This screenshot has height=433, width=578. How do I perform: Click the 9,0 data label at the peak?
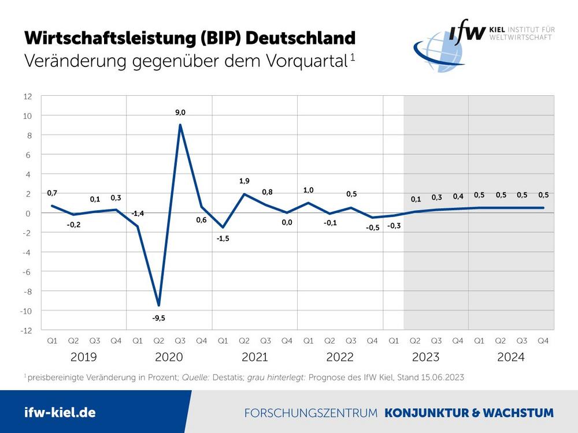[180, 113]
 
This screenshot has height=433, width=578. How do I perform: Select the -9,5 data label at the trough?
[159, 318]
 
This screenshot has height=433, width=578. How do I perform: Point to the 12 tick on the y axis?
[28, 96]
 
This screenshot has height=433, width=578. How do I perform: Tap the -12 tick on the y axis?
[27, 331]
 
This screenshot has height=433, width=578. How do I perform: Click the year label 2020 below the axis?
[169, 357]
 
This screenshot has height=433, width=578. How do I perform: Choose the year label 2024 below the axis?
[511, 357]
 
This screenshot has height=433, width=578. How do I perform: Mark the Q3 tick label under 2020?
[180, 341]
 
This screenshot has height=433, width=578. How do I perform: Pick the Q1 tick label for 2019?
[52, 341]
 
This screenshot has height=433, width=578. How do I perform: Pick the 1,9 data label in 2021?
[244, 181]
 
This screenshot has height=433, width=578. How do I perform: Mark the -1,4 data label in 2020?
[138, 214]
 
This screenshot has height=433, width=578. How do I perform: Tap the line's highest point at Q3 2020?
[180, 125]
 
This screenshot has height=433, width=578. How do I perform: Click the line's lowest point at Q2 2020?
[159, 305]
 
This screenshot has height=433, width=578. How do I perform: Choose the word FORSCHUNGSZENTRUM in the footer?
[311, 413]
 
